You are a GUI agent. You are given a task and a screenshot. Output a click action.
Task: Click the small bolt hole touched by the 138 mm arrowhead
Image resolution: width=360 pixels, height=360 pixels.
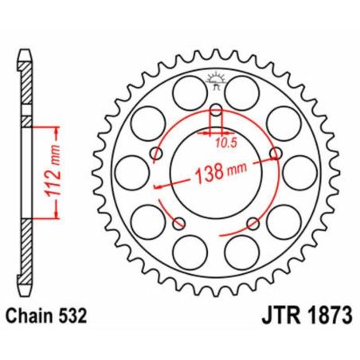coord(276,152)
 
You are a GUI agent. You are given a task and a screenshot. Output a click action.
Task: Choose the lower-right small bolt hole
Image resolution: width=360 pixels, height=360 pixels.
coord(252,222)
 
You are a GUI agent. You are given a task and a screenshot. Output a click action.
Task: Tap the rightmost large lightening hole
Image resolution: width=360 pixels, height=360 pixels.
coord(299,171)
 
